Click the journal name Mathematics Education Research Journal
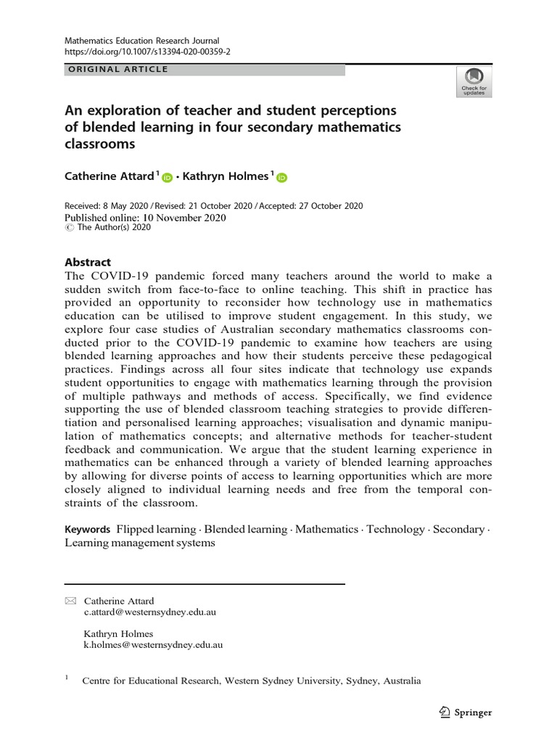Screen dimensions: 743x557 (142, 41)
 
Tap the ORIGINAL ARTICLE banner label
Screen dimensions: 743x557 (117, 70)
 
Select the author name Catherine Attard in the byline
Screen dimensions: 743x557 (109, 176)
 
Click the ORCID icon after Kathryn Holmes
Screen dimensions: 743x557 (281, 178)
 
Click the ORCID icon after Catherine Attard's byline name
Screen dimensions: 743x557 (168, 178)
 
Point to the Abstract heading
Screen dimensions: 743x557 (88, 263)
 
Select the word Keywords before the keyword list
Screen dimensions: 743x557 (88, 530)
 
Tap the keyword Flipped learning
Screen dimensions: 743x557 (157, 530)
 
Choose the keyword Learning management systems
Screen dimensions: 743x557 (140, 543)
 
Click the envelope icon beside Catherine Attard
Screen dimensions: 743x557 (70, 601)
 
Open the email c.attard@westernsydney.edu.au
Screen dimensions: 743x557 (150, 612)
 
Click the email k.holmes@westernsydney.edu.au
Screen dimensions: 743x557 (153, 644)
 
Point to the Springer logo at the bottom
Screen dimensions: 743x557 (466, 712)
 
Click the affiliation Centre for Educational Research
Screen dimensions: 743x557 (152, 681)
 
